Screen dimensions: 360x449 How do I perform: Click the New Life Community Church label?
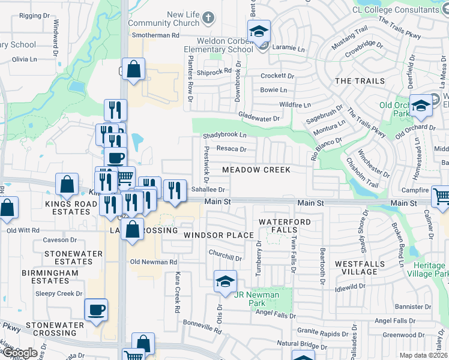click(x=174, y=19)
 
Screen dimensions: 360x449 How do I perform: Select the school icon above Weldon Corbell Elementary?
click(x=259, y=31)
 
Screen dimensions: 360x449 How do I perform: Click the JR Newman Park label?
click(x=256, y=295)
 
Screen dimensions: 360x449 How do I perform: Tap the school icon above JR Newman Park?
click(x=224, y=281)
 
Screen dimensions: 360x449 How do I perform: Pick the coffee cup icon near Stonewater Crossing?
click(x=96, y=310)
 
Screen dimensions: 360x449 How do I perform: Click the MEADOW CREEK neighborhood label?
click(x=256, y=170)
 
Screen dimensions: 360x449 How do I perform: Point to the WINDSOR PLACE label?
click(x=218, y=235)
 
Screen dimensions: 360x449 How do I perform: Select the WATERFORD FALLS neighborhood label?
click(x=278, y=226)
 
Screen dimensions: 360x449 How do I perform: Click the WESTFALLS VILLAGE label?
click(x=356, y=268)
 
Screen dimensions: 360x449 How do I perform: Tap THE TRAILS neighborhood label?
click(x=351, y=80)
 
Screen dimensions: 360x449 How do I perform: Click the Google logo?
click(x=19, y=353)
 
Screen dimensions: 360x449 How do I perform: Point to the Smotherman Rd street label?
click(x=155, y=36)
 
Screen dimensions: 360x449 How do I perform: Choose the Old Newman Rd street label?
click(x=154, y=262)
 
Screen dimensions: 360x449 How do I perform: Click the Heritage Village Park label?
click(x=432, y=269)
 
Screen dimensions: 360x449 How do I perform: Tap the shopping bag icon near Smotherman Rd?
click(x=133, y=70)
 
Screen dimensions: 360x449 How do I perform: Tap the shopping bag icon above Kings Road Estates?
click(x=67, y=184)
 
